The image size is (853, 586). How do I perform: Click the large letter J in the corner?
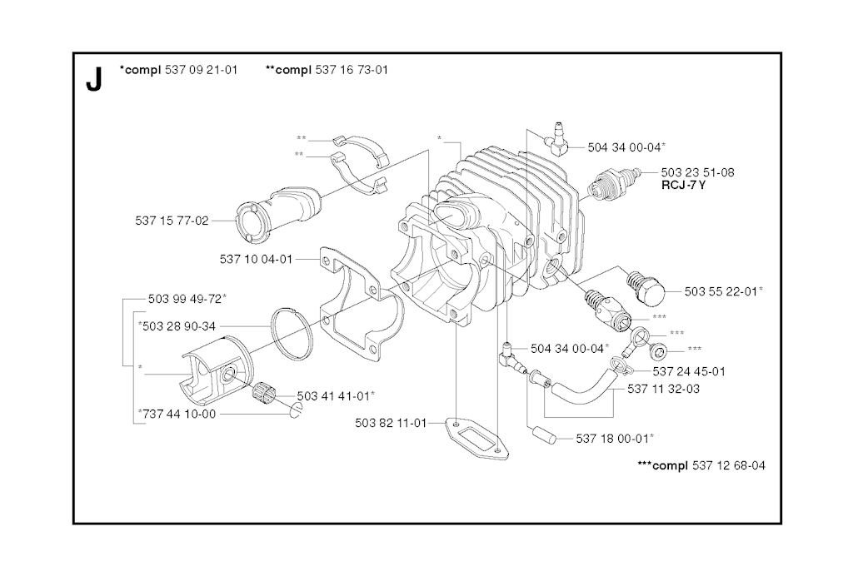click(93, 79)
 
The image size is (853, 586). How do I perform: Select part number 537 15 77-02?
click(172, 221)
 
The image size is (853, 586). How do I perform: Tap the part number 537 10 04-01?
click(256, 259)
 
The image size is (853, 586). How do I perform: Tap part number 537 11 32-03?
click(663, 388)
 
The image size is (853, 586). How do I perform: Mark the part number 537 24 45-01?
click(689, 371)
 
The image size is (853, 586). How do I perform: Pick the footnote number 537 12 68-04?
click(728, 465)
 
